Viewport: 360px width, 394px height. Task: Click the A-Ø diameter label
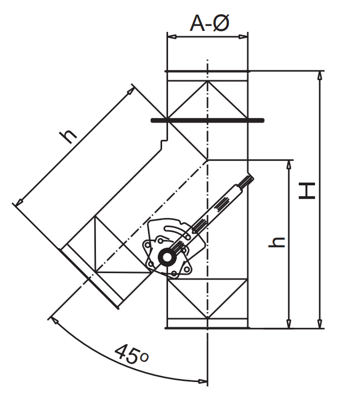[x=209, y=23]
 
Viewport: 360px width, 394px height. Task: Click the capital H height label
[x=307, y=191]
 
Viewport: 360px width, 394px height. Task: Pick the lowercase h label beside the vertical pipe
[x=277, y=242]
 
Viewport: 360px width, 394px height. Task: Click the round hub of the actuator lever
[x=166, y=257]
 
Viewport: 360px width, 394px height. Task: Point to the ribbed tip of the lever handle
[x=248, y=180]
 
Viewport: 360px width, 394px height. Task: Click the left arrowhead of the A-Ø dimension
[x=172, y=37]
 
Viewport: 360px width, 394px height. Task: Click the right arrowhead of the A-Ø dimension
[x=243, y=37]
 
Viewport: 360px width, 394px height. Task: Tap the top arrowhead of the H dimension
[x=320, y=76]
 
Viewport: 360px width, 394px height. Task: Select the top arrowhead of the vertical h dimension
[x=289, y=165]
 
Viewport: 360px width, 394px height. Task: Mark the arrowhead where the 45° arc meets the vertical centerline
[x=203, y=382]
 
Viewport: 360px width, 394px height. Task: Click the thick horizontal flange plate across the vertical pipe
[x=208, y=120]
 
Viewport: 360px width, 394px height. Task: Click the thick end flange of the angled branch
[x=89, y=279]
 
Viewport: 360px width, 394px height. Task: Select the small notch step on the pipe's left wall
[x=164, y=143]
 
